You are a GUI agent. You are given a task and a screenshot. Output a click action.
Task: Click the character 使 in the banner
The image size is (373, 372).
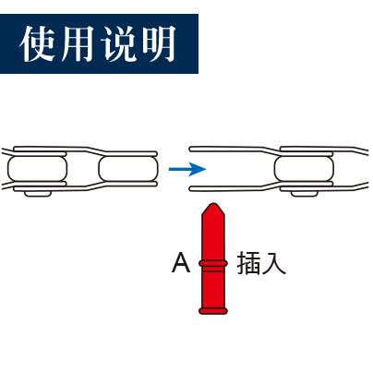point(37,43)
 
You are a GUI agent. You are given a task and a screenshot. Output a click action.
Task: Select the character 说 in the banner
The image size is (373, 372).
point(118,43)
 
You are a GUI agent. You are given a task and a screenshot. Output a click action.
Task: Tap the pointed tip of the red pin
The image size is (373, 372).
point(213,204)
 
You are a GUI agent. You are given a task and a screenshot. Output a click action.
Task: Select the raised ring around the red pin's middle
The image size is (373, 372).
point(213,263)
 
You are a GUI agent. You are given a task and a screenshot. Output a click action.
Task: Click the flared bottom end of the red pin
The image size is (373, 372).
point(213,310)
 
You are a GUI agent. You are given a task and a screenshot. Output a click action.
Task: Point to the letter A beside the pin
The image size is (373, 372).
point(181,262)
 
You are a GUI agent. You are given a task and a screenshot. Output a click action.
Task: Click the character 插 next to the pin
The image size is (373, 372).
point(247,263)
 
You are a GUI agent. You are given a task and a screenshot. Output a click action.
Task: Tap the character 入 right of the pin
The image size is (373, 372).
point(274,263)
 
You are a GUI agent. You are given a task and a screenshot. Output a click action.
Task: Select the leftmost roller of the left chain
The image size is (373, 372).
point(37,169)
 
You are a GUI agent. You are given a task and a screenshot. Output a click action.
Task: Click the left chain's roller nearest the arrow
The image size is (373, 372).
point(128,169)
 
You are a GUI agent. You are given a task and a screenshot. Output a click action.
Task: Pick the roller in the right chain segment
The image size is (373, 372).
point(304,169)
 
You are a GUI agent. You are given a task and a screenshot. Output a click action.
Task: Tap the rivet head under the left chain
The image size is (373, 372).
point(38,194)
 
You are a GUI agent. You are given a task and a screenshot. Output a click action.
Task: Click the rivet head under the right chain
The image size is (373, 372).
point(304,194)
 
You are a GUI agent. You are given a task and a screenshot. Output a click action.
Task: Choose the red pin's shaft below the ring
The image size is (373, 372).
point(213,287)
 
